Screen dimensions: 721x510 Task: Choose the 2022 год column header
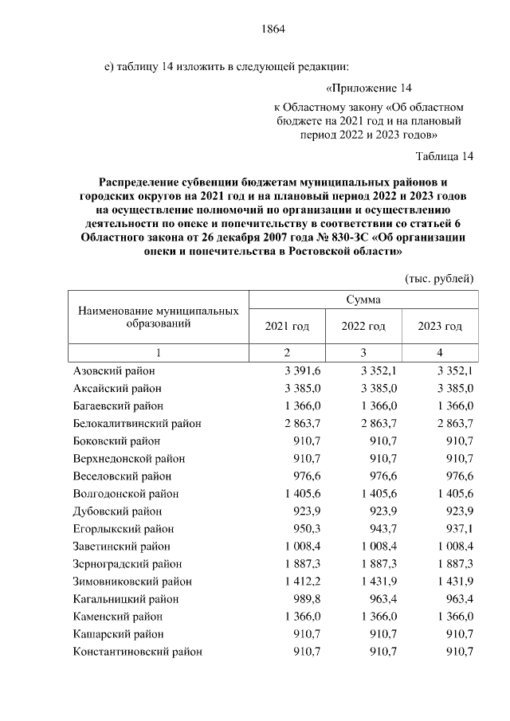(363, 327)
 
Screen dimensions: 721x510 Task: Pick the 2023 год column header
(440, 327)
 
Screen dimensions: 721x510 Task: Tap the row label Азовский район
(114, 371)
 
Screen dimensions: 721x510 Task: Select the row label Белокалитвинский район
(136, 422)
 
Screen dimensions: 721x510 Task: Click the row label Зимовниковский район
(132, 582)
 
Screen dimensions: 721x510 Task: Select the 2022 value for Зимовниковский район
(378, 582)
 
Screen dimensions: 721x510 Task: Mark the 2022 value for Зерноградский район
(378, 564)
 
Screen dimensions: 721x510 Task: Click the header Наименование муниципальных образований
(159, 317)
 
